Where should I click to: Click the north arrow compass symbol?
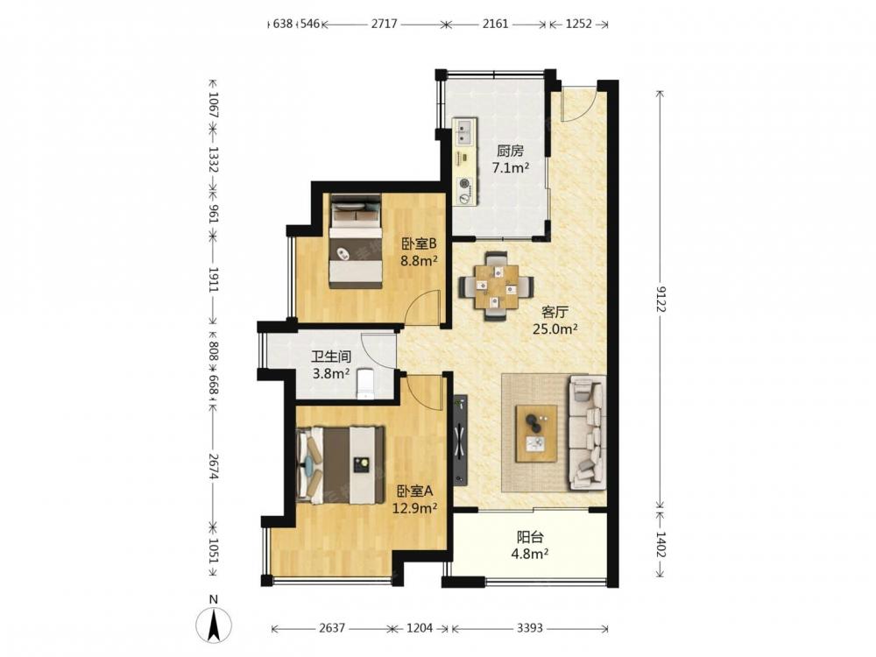(214, 625)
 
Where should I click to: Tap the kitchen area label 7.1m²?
(510, 167)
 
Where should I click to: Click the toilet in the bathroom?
(365, 384)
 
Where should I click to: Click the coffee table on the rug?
(536, 434)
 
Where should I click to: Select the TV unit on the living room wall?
(460, 439)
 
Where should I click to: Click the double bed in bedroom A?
(340, 465)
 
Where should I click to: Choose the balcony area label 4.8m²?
(531, 554)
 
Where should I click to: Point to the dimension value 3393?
(529, 628)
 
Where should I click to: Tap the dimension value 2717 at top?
(385, 24)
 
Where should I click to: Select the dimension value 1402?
(661, 544)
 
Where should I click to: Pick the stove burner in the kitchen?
(463, 183)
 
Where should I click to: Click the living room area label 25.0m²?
(555, 329)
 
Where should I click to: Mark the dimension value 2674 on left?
(213, 466)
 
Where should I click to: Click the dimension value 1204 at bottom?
(420, 628)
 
